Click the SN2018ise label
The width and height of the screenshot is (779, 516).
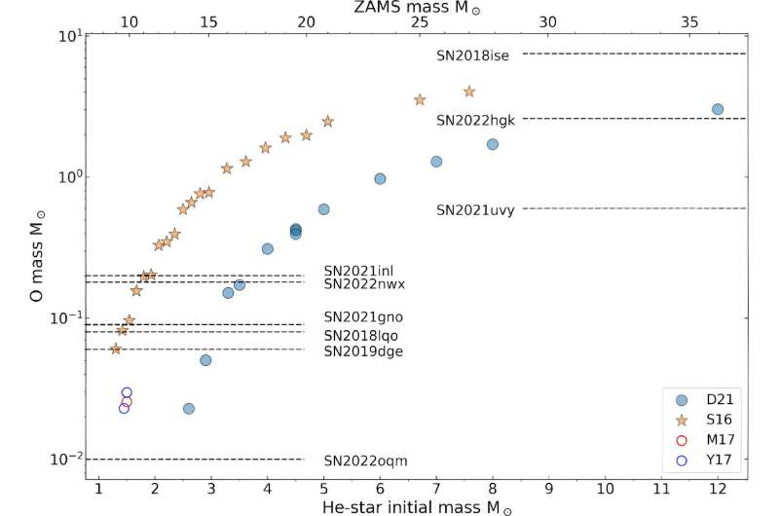click(x=473, y=55)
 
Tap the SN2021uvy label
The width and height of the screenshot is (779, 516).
click(x=475, y=209)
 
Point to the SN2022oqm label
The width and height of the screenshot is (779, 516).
click(x=363, y=461)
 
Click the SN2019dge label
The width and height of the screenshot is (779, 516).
click(x=363, y=350)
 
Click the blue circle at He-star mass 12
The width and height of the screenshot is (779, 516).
click(x=718, y=109)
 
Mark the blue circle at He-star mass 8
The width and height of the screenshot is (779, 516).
click(x=493, y=144)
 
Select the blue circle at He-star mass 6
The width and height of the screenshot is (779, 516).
click(x=380, y=179)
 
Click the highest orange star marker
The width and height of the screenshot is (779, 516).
click(x=469, y=92)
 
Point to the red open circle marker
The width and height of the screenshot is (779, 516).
click(x=127, y=401)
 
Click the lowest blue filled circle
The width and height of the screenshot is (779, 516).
click(x=189, y=409)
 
